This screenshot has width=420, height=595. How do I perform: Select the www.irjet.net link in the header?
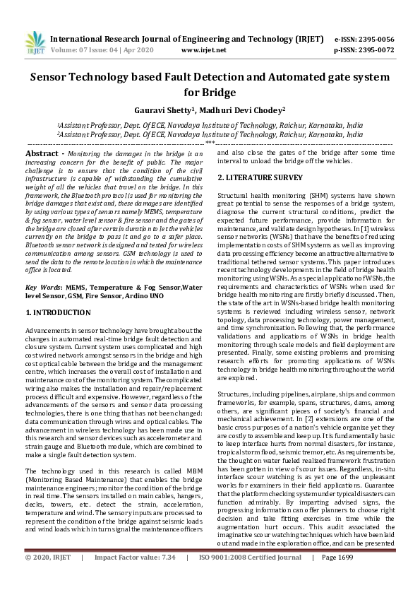(x=203, y=50)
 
